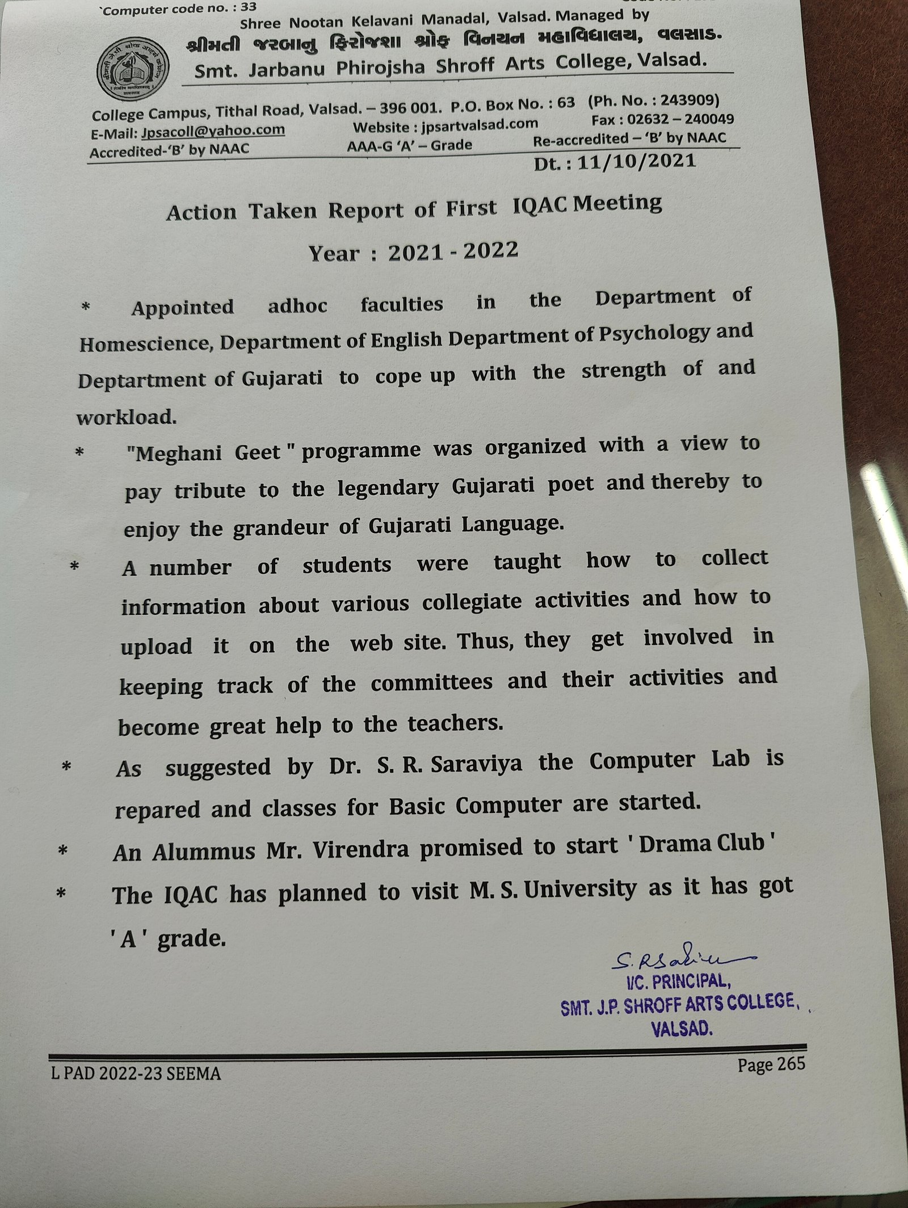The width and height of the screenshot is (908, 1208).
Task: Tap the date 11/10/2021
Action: click(636, 162)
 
